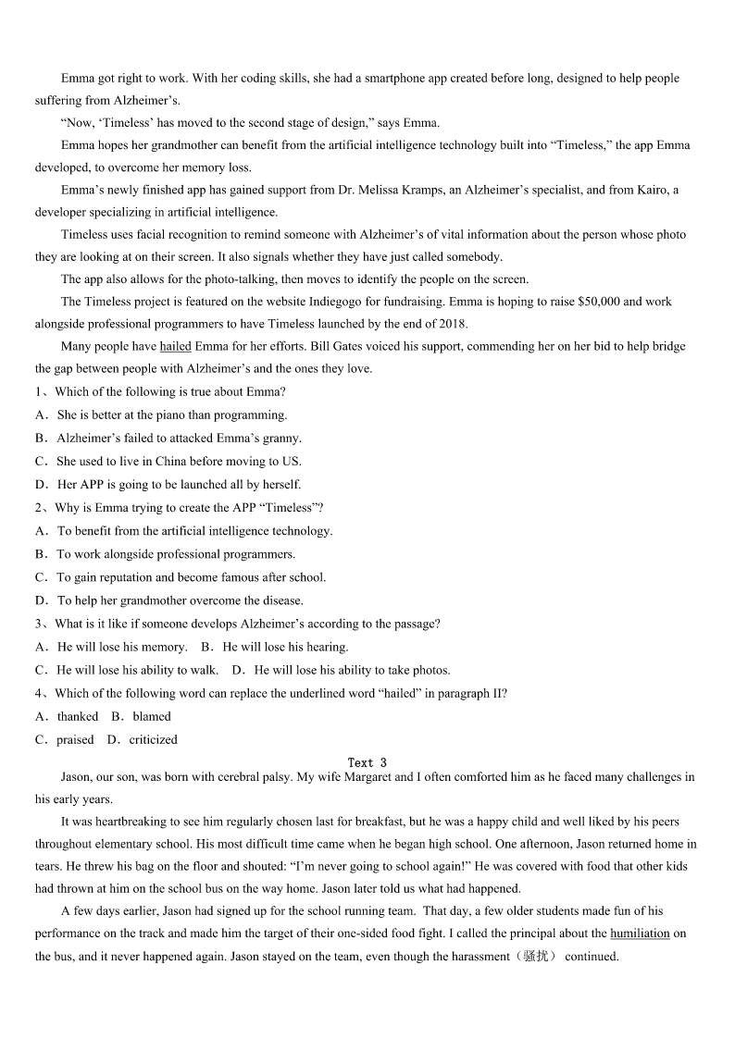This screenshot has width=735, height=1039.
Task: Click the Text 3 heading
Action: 367,762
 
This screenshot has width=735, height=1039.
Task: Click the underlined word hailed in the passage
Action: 175,346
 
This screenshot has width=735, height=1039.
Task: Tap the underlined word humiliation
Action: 640,934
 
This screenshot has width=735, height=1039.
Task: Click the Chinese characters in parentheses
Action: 536,957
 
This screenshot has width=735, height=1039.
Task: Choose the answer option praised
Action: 75,739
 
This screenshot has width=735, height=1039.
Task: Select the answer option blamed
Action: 152,716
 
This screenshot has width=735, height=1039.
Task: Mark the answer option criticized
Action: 153,739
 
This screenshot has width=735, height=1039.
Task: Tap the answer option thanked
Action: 78,716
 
